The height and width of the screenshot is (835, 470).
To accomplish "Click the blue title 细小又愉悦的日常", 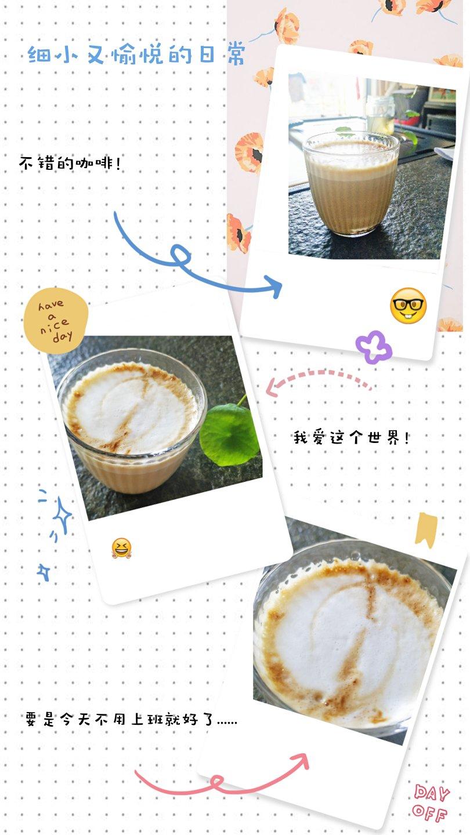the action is tap(136, 55).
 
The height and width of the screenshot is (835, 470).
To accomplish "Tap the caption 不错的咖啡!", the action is tap(70, 163).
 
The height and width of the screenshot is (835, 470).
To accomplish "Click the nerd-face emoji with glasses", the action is tap(408, 305).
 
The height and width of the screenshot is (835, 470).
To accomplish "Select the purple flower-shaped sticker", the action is tap(374, 347).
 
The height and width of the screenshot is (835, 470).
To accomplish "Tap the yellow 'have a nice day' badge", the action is tap(56, 320).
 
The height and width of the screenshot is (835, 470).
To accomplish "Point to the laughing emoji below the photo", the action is tap(122, 548).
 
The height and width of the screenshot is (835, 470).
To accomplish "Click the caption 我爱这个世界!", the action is tap(351, 437).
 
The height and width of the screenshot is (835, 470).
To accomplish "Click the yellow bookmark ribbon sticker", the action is tap(426, 530).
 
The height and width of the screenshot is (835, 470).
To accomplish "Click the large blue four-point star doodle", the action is tap(62, 515).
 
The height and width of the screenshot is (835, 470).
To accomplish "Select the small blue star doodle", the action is tap(44, 572).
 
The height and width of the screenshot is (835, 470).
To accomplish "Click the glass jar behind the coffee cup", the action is tap(379, 112).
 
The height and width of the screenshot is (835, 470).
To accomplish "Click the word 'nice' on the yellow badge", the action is tap(55, 326).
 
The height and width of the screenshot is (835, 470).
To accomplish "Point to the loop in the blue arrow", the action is tap(180, 255).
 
